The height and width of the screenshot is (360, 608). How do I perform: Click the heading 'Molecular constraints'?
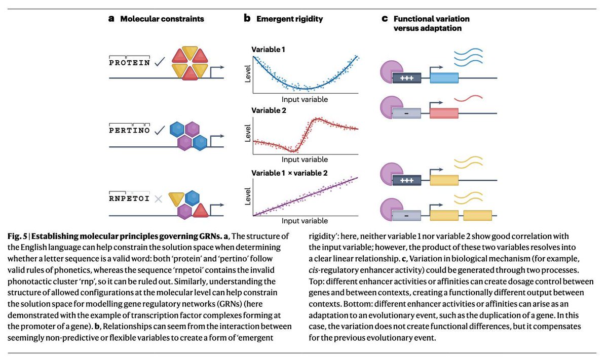click(x=162, y=19)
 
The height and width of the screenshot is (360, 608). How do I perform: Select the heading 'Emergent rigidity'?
click(x=289, y=19)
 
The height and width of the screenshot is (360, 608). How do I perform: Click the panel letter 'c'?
click(x=385, y=19)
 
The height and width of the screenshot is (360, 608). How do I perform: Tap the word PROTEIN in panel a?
click(x=130, y=62)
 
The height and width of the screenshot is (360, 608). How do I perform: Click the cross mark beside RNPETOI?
click(x=159, y=199)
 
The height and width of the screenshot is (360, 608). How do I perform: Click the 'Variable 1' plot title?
click(x=269, y=50)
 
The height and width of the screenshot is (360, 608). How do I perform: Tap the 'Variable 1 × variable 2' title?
click(x=289, y=173)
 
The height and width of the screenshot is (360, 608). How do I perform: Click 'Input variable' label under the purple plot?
click(x=305, y=221)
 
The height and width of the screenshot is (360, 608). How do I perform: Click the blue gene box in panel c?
click(x=444, y=78)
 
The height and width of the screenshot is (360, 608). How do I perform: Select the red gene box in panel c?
click(x=444, y=113)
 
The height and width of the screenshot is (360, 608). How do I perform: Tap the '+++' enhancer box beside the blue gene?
click(x=407, y=78)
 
